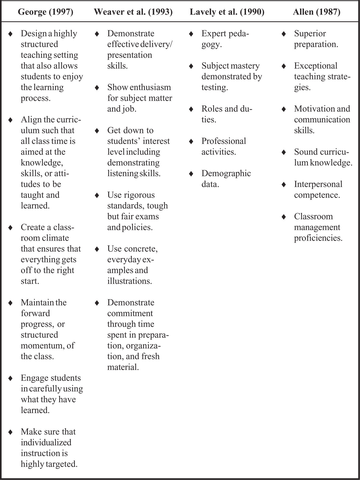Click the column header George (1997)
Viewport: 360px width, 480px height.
[46, 12]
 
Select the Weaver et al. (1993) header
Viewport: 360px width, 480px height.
[133, 12]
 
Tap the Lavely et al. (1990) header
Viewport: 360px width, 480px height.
[227, 12]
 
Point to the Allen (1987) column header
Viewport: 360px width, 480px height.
[317, 12]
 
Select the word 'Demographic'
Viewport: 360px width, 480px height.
[226, 174]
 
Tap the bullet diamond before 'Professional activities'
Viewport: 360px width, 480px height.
[191, 141]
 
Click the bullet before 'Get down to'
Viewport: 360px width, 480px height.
[97, 131]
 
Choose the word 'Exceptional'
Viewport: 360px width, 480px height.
[315, 66]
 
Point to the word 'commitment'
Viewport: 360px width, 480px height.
[130, 313]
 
